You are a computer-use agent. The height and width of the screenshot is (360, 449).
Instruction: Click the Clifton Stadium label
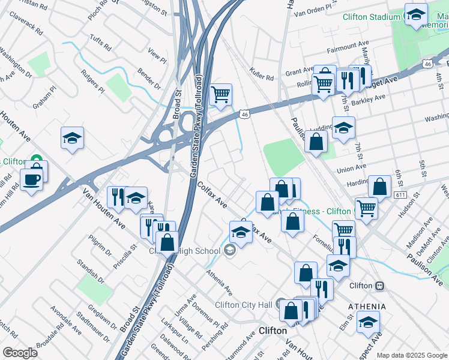(x=371, y=17)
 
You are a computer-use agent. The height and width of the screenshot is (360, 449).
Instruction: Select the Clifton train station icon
(x=379, y=286)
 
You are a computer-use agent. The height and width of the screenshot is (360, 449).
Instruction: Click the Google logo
(x=20, y=353)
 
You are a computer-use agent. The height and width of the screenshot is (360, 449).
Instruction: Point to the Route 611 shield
(x=400, y=196)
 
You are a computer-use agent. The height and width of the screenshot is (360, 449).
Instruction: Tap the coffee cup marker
(x=31, y=178)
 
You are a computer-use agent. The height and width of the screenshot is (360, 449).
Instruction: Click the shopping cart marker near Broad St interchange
(x=220, y=94)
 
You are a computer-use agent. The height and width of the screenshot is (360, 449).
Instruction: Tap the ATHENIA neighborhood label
(x=367, y=306)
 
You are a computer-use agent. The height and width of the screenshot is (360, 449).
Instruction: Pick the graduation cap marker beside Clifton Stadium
(x=415, y=16)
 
